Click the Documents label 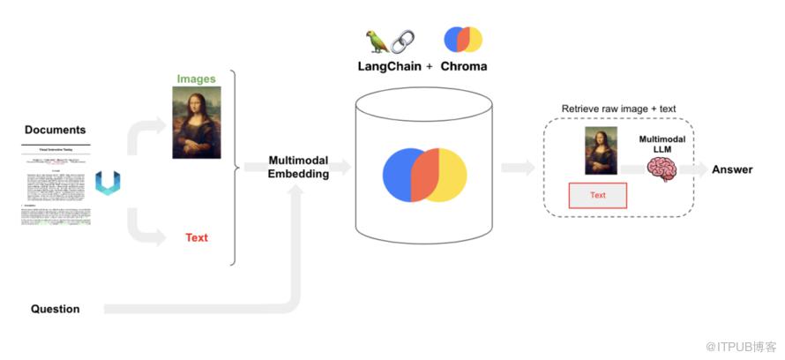55,130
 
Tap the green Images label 196,79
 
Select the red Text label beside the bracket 196,237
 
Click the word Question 55,309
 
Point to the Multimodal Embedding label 299,168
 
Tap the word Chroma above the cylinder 463,66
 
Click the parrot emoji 377,41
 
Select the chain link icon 402,41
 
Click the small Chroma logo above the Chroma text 463,40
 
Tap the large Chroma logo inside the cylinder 424,174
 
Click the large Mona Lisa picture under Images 196,123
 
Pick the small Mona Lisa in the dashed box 597,151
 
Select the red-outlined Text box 597,195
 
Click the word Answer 731,169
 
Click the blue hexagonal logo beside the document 108,183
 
